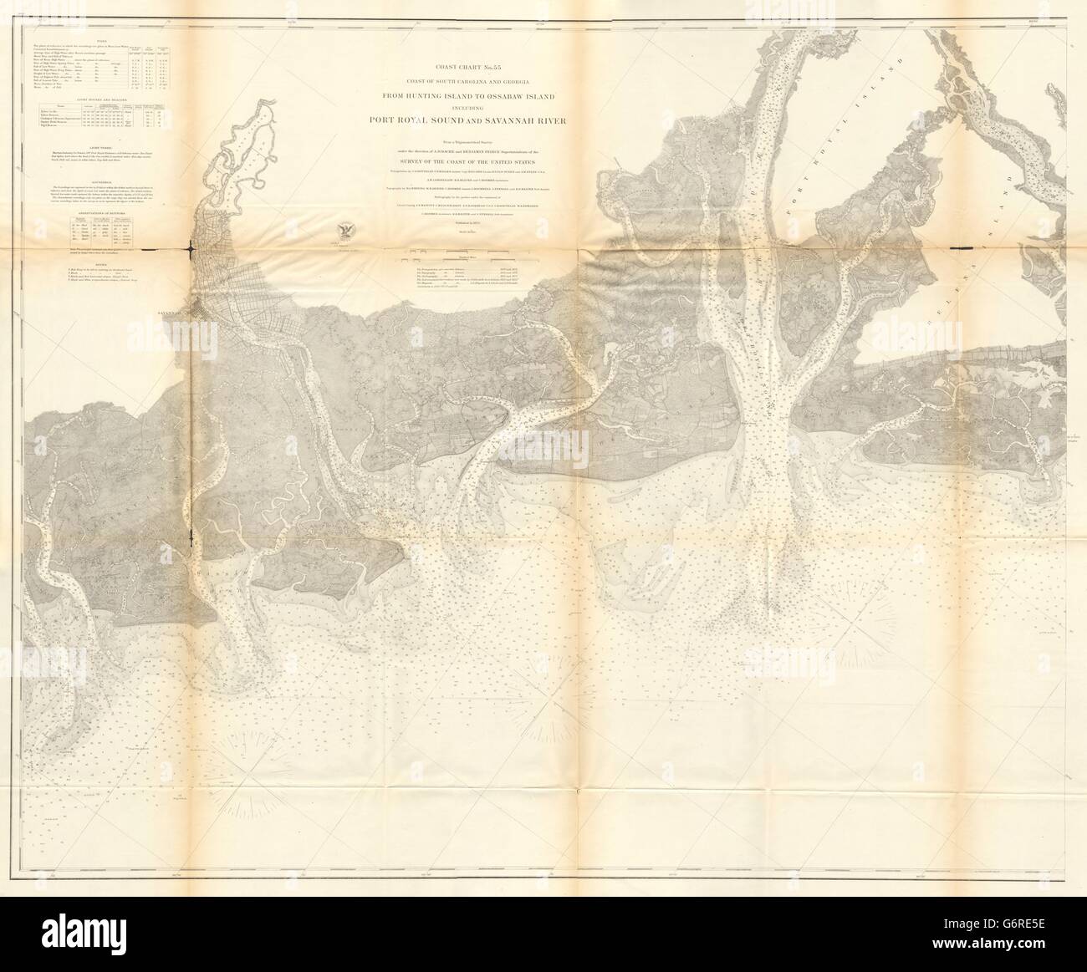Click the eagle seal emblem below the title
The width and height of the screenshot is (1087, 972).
(x=344, y=232)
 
